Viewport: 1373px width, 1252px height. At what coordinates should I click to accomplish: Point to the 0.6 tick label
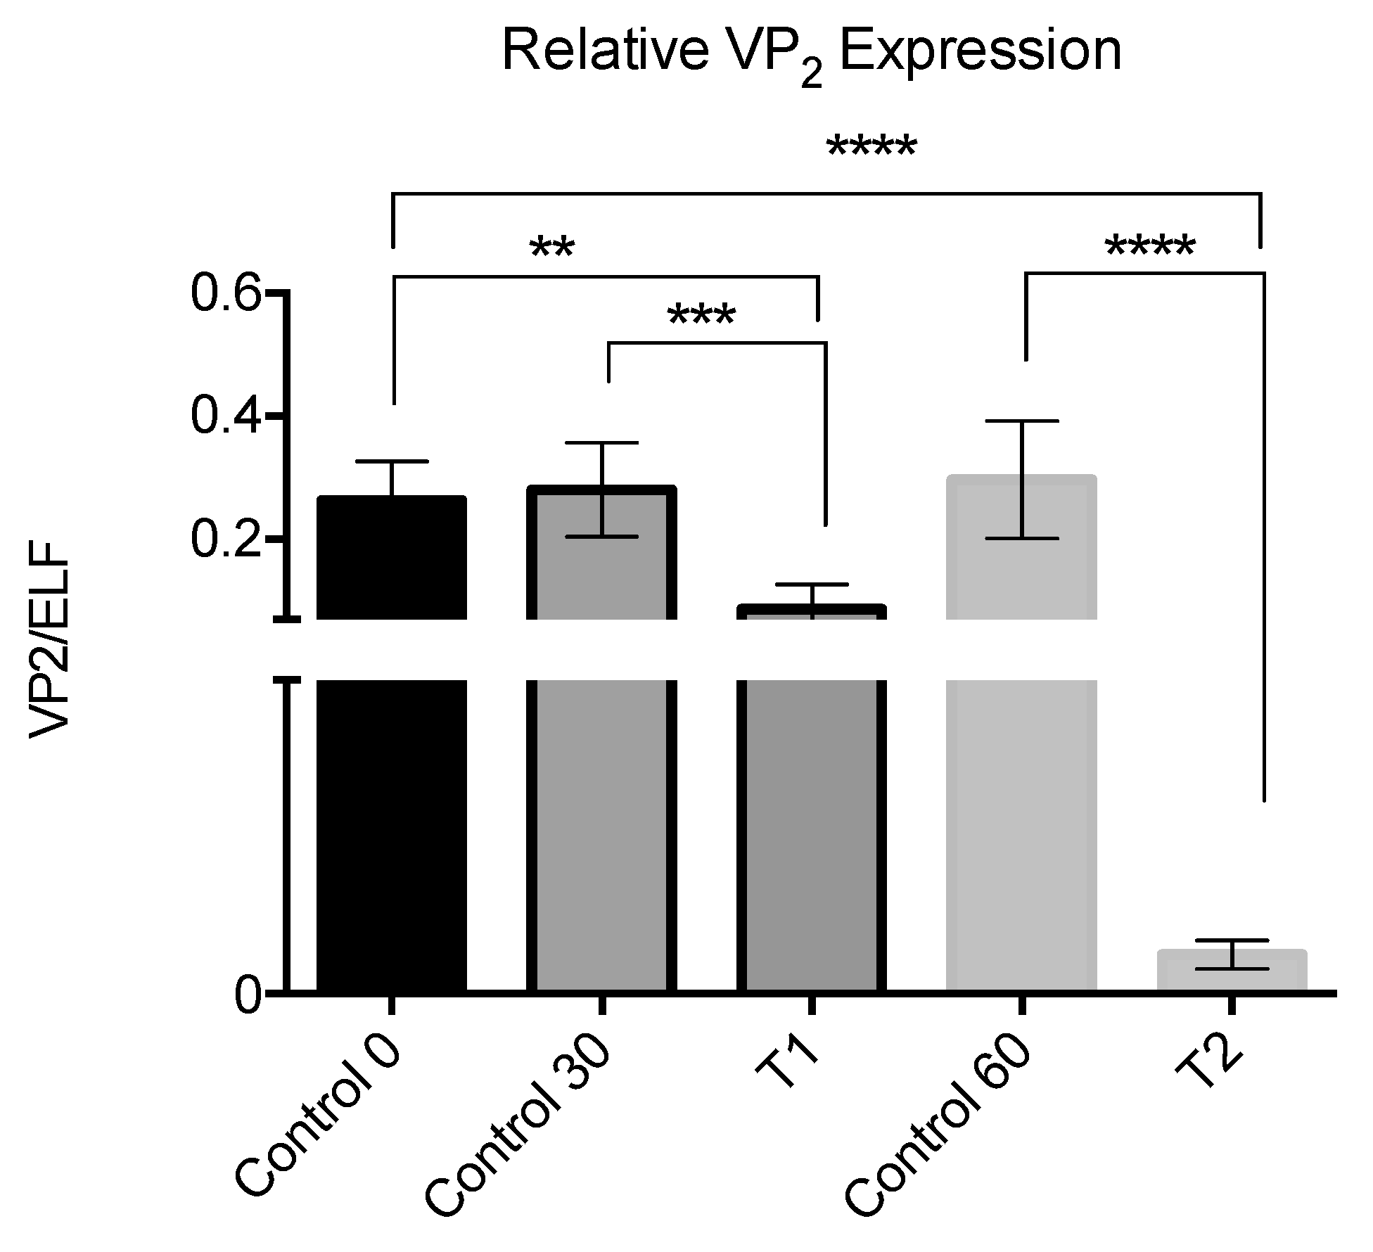(x=224, y=293)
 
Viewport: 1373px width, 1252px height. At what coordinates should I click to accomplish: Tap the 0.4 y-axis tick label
(x=224, y=416)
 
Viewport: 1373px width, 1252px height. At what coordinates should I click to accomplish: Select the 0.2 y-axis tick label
(x=224, y=539)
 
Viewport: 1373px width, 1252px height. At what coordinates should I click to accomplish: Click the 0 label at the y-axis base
(x=248, y=995)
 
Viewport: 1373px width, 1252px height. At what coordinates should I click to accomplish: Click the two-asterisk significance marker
(x=552, y=248)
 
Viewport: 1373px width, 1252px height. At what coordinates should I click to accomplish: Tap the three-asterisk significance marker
(x=701, y=316)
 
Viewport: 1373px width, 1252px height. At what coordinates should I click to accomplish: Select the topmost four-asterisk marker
(x=871, y=147)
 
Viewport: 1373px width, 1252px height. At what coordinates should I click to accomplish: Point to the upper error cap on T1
(x=812, y=585)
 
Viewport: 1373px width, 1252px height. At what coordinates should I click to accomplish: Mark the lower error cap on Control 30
(x=604, y=537)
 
